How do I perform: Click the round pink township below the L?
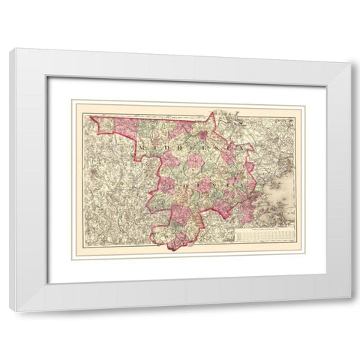(x=196, y=160)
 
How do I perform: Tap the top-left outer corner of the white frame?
(x=10, y=49)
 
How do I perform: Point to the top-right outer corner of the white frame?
(x=350, y=63)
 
